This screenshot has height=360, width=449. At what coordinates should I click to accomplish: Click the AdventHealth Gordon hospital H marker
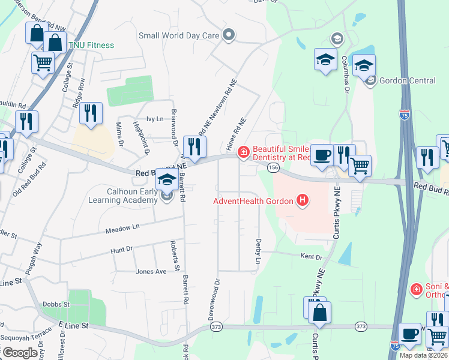point(303,200)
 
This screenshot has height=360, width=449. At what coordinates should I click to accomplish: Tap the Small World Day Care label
point(179,35)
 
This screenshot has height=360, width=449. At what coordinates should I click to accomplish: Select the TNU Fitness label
point(91,45)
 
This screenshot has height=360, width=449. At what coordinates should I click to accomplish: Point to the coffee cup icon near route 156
point(322,155)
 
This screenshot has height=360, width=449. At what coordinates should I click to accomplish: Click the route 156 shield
point(274,167)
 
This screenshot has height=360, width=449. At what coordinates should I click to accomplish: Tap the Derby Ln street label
point(259,251)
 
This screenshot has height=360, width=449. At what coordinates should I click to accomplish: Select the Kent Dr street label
point(312,257)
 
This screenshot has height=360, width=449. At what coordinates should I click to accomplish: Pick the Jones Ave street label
point(151,272)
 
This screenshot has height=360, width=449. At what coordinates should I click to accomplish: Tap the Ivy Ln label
point(155,119)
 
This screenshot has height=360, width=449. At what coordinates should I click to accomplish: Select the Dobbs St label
point(56,304)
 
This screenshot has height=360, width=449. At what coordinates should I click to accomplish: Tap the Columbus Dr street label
point(346,74)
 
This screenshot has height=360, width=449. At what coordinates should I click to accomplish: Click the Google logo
point(20,353)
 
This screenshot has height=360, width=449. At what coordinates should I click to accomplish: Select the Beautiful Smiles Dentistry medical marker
point(243,152)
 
